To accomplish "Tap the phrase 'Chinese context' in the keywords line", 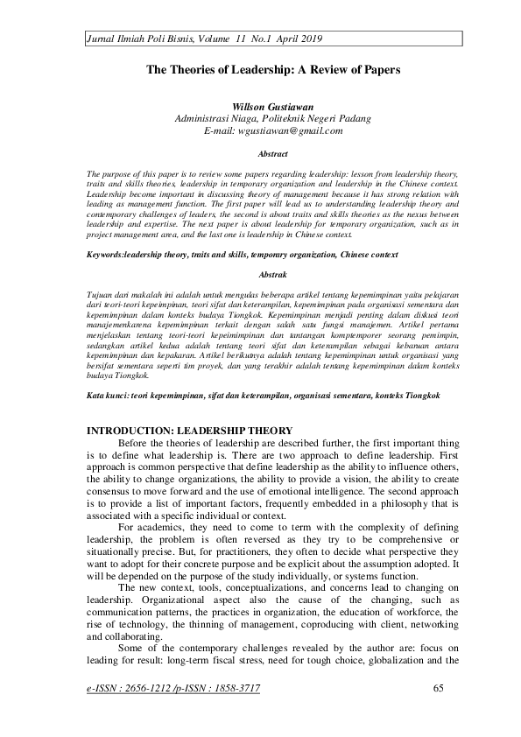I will (368, 255).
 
